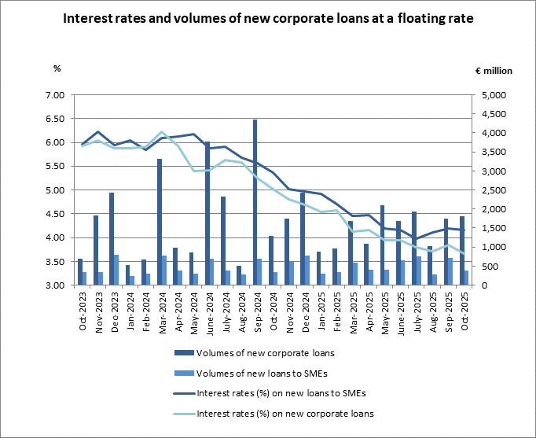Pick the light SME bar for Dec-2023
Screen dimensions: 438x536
pos(116,270)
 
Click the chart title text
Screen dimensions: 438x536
pos(268,18)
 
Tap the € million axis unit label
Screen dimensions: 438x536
pos(493,70)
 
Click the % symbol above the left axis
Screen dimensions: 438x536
pos(57,68)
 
